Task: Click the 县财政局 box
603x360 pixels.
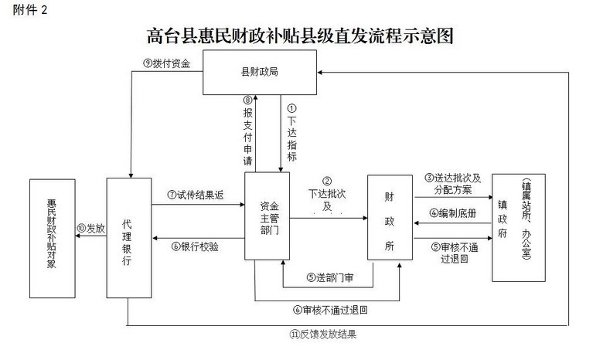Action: pyautogui.click(x=260, y=73)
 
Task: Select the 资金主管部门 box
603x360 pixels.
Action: pyautogui.click(x=267, y=216)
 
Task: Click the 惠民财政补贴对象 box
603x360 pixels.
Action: pyautogui.click(x=52, y=238)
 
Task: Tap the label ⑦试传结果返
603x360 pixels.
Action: pyautogui.click(x=196, y=195)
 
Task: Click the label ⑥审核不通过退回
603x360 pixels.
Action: pyautogui.click(x=329, y=310)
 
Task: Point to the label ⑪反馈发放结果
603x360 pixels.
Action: pyautogui.click(x=324, y=335)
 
